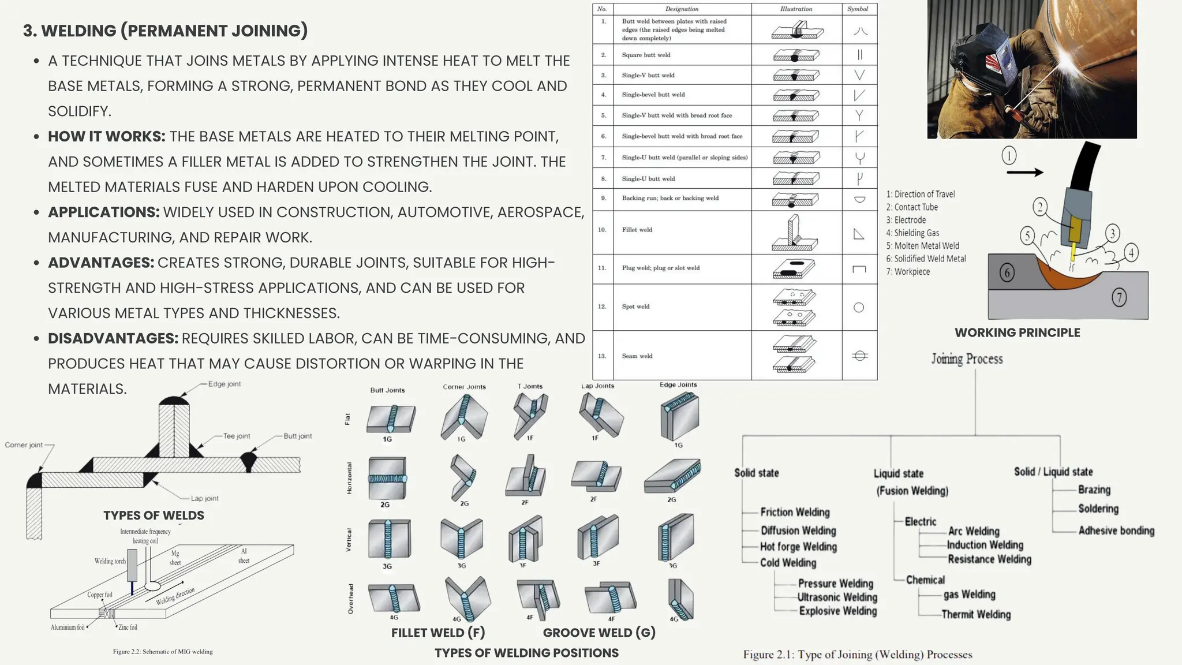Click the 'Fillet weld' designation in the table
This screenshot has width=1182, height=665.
(637, 230)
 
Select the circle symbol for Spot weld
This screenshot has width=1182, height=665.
(859, 308)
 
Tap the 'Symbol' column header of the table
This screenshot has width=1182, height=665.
(858, 9)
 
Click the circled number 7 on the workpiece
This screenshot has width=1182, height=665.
(1119, 298)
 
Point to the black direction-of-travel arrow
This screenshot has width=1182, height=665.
(1025, 172)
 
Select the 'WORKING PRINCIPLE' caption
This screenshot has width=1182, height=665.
(1017, 332)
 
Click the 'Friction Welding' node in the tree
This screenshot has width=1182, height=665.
(795, 512)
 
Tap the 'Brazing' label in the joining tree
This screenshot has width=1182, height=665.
(1094, 490)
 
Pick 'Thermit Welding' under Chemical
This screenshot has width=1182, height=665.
(975, 614)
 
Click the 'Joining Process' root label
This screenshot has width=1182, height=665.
(967, 359)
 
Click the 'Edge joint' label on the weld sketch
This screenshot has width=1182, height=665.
(225, 384)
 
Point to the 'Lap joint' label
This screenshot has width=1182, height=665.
(204, 498)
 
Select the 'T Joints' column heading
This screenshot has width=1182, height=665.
(530, 386)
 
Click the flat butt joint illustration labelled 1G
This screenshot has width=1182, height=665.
(391, 419)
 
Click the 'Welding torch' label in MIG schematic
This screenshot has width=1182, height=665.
(110, 561)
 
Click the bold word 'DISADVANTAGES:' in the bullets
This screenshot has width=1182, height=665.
(113, 338)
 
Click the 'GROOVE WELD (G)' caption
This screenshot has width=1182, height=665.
(599, 633)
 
